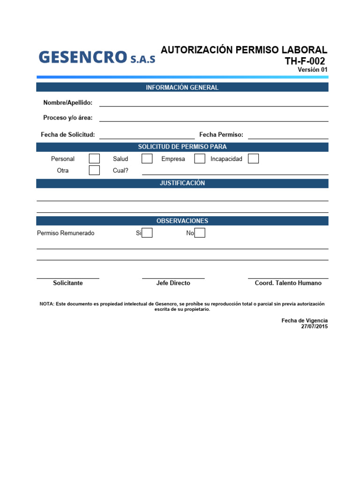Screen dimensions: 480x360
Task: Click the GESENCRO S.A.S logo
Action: tap(97, 57)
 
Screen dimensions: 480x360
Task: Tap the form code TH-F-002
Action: tap(305, 61)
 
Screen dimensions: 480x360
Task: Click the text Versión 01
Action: tap(313, 70)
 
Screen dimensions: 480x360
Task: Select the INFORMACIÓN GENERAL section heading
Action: tap(182, 87)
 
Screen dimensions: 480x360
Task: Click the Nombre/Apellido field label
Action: tap(68, 103)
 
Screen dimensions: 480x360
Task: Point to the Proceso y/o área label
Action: tap(68, 118)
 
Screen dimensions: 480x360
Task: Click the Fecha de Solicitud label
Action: tap(68, 135)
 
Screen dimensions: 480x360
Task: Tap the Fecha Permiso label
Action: tap(221, 135)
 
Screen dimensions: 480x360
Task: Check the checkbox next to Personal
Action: tap(94, 159)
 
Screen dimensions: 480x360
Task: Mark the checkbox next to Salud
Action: tap(147, 159)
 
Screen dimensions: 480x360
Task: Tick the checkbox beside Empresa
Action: tap(200, 159)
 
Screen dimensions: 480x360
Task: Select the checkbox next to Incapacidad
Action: tap(253, 159)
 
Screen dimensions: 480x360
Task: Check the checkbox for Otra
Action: tap(94, 170)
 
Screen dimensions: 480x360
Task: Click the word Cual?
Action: tap(120, 171)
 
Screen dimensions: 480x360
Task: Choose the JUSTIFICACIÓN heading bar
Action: tap(182, 183)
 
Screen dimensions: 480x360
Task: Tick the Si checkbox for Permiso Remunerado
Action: tap(147, 233)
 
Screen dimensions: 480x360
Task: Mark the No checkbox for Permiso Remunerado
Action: tap(200, 233)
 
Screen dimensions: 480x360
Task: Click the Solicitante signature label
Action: tap(68, 283)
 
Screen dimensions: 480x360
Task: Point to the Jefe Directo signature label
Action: tap(173, 283)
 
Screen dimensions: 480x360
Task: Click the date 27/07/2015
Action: tap(315, 327)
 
